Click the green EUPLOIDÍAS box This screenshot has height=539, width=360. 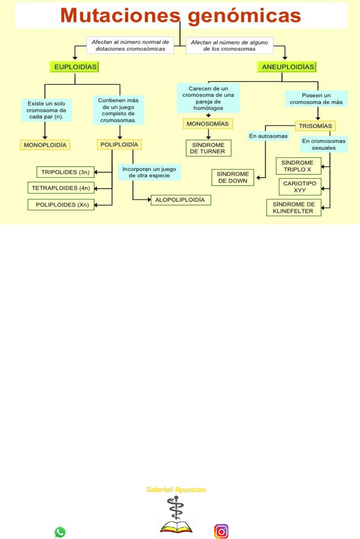[75, 67]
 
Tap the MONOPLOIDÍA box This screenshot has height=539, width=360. [45, 145]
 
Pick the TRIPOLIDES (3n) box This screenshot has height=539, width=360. [65, 172]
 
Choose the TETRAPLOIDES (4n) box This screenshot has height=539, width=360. [61, 188]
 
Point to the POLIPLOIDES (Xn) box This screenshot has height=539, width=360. [61, 205]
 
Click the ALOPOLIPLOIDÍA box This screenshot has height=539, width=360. [181, 200]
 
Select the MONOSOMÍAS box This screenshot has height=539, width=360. [208, 124]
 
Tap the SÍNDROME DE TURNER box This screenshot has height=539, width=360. [208, 148]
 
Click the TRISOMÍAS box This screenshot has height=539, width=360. [315, 126]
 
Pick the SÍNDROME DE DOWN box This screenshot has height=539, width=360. [232, 177]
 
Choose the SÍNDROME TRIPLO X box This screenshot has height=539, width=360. [298, 166]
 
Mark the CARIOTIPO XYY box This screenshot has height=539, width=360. [300, 187]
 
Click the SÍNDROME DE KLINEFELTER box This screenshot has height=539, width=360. [294, 207]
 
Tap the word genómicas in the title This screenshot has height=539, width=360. [243, 16]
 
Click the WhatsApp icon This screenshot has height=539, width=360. [60, 532]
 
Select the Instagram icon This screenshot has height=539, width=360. [221, 531]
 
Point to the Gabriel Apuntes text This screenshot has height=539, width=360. [176, 490]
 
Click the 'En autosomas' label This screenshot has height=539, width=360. [268, 136]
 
